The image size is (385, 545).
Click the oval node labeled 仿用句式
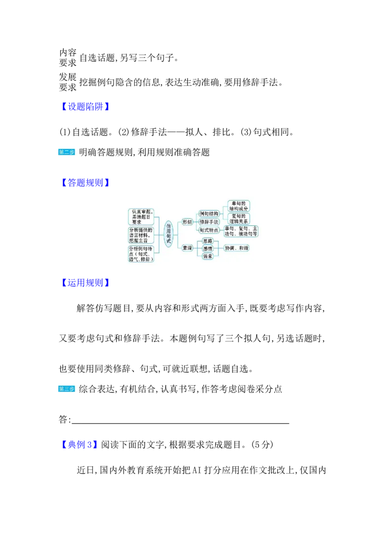(x=168, y=234)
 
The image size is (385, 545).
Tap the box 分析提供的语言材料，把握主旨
(x=141, y=235)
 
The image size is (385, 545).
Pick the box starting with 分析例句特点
(x=141, y=254)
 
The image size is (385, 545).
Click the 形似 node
(x=187, y=222)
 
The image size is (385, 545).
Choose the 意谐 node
(x=187, y=248)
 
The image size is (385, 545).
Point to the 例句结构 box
(x=209, y=213)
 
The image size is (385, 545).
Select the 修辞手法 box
(x=209, y=222)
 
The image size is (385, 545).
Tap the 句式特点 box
(x=209, y=231)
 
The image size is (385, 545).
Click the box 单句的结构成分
(x=239, y=206)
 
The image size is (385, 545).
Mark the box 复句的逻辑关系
(x=239, y=219)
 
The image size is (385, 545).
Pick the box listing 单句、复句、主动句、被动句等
(x=241, y=231)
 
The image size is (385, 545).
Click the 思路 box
(x=207, y=241)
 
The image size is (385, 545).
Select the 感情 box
(x=207, y=248)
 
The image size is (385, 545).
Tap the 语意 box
(x=207, y=256)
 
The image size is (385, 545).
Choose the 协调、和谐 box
(x=237, y=248)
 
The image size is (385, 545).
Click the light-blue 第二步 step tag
(x=66, y=152)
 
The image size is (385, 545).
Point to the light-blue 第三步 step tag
(x=66, y=389)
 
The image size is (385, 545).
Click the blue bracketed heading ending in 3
(x=80, y=445)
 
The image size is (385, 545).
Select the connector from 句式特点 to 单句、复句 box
(x=221, y=231)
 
